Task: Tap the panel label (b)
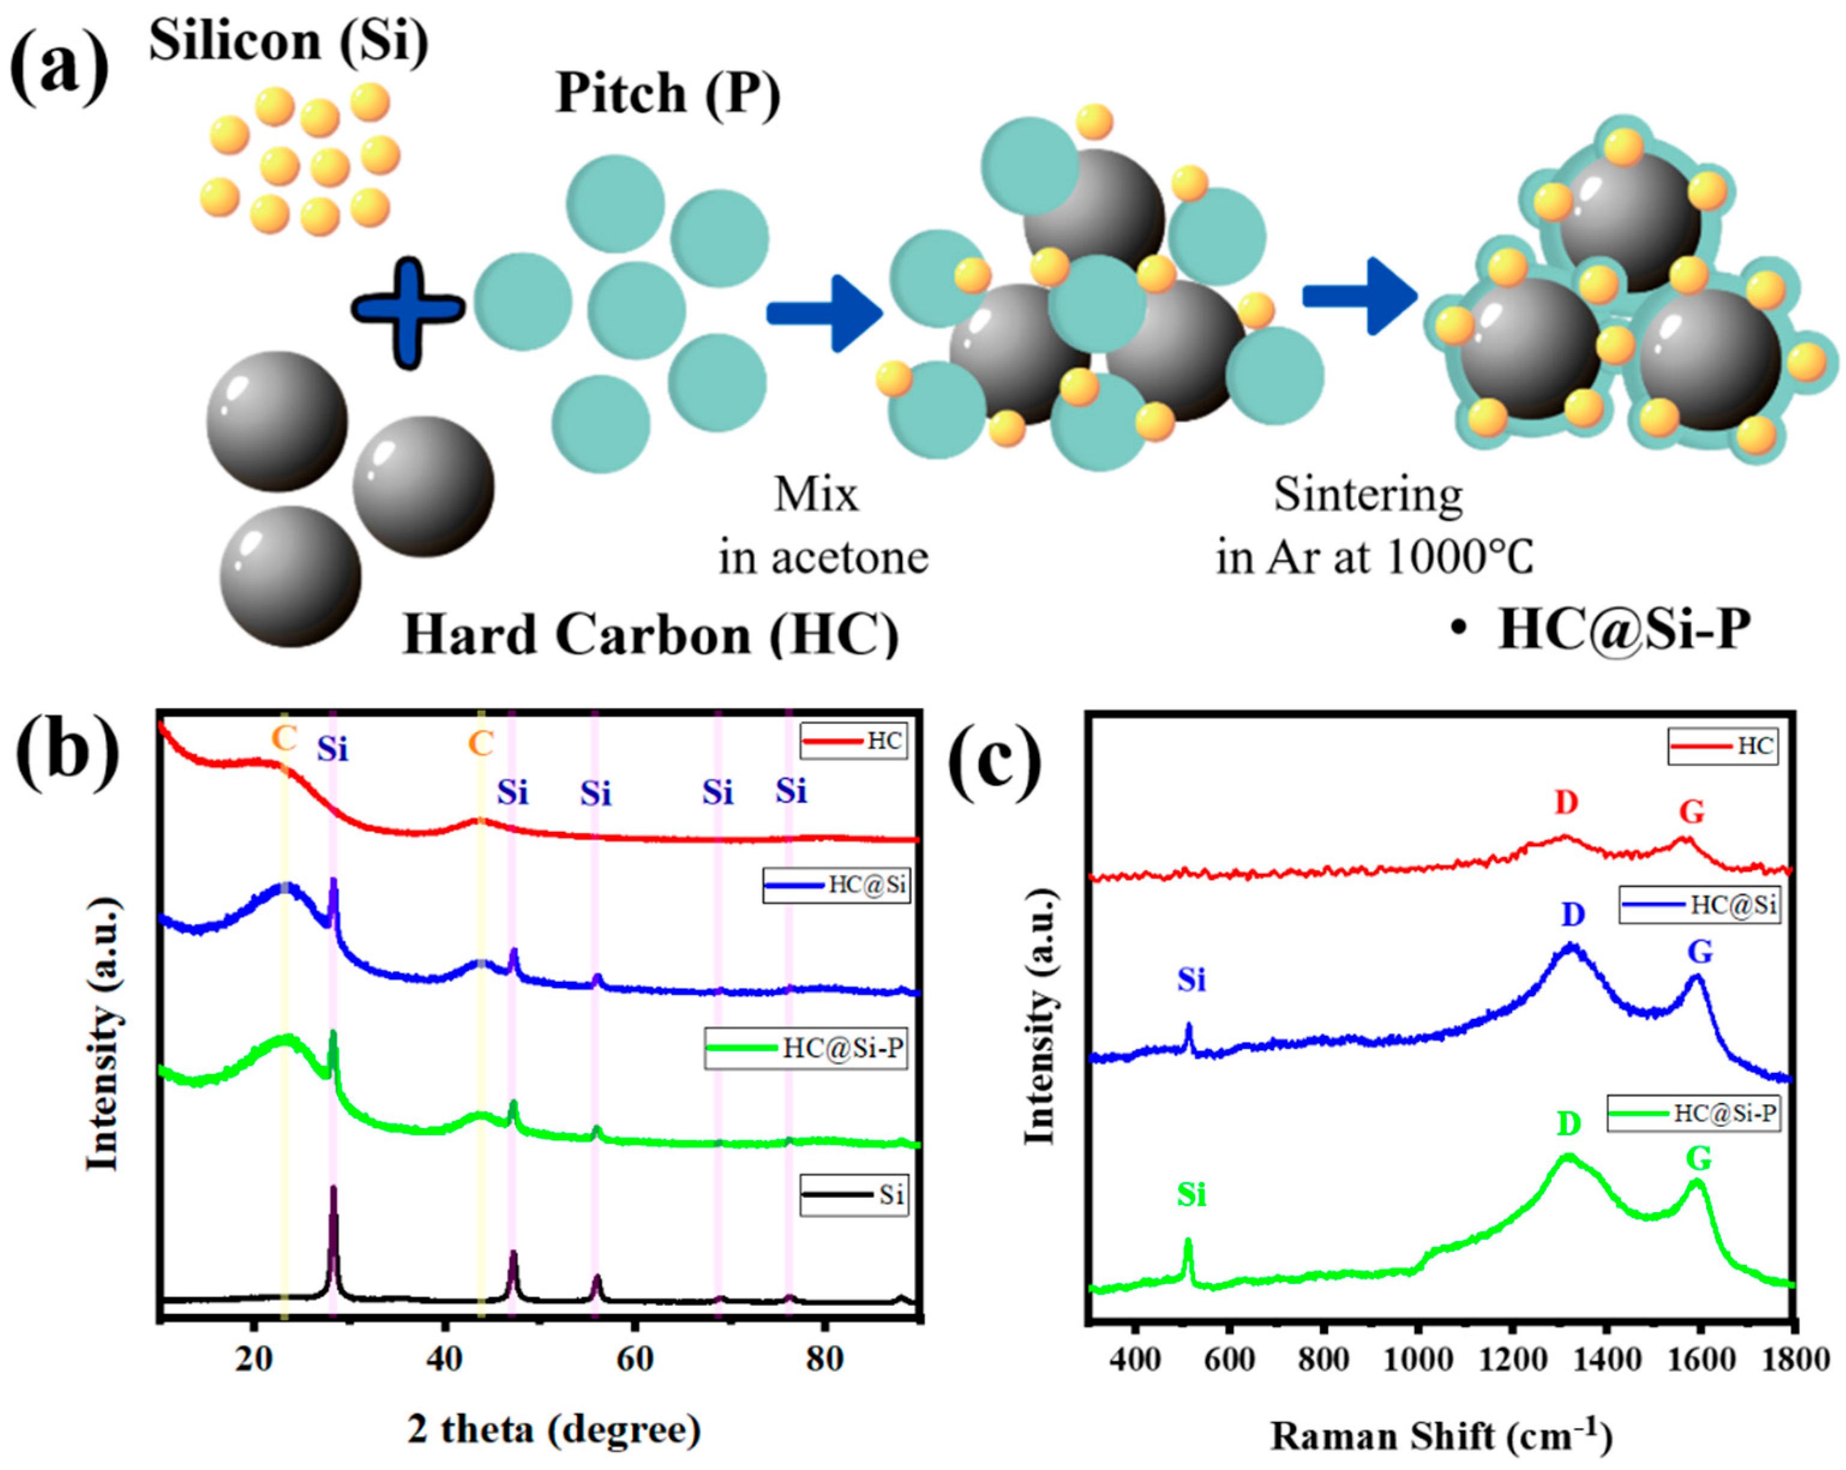click(x=66, y=753)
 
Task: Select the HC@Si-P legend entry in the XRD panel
click(x=805, y=1048)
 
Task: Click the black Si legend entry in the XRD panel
click(x=854, y=1194)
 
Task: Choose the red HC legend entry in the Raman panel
click(x=1722, y=745)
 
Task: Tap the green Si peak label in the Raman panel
click(x=1191, y=1194)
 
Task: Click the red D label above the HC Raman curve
click(x=1566, y=802)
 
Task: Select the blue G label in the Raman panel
click(x=1699, y=951)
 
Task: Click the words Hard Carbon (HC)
click(x=651, y=635)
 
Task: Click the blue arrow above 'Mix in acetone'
click(x=824, y=313)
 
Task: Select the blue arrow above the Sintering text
click(x=1359, y=295)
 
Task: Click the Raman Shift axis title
click(x=1442, y=1436)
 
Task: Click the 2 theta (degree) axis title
click(x=554, y=1429)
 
